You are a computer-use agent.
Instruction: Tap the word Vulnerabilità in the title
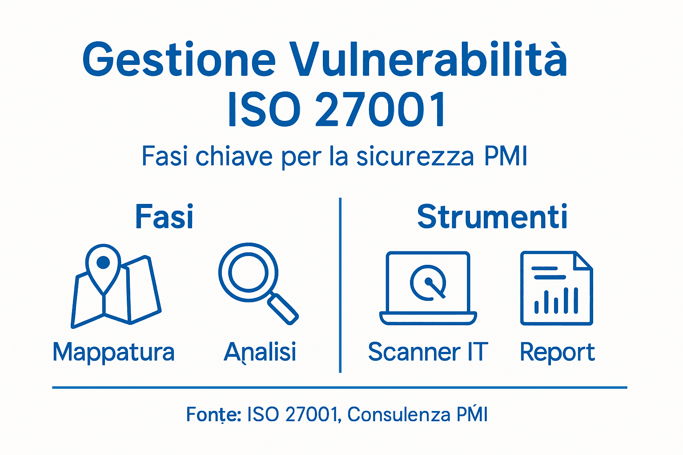click(429, 59)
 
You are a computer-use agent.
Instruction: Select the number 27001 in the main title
click(380, 109)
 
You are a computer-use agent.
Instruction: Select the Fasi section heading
click(164, 217)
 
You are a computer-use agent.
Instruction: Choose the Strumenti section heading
click(492, 217)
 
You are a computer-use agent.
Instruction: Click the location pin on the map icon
click(103, 263)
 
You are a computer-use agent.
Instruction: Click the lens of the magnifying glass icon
click(248, 272)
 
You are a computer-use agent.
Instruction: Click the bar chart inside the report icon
click(556, 301)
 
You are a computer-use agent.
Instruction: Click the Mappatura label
click(113, 352)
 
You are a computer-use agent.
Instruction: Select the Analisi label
click(260, 352)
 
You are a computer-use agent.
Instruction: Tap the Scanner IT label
click(428, 352)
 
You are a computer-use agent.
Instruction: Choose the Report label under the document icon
click(557, 352)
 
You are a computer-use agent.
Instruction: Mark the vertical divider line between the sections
click(340, 284)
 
